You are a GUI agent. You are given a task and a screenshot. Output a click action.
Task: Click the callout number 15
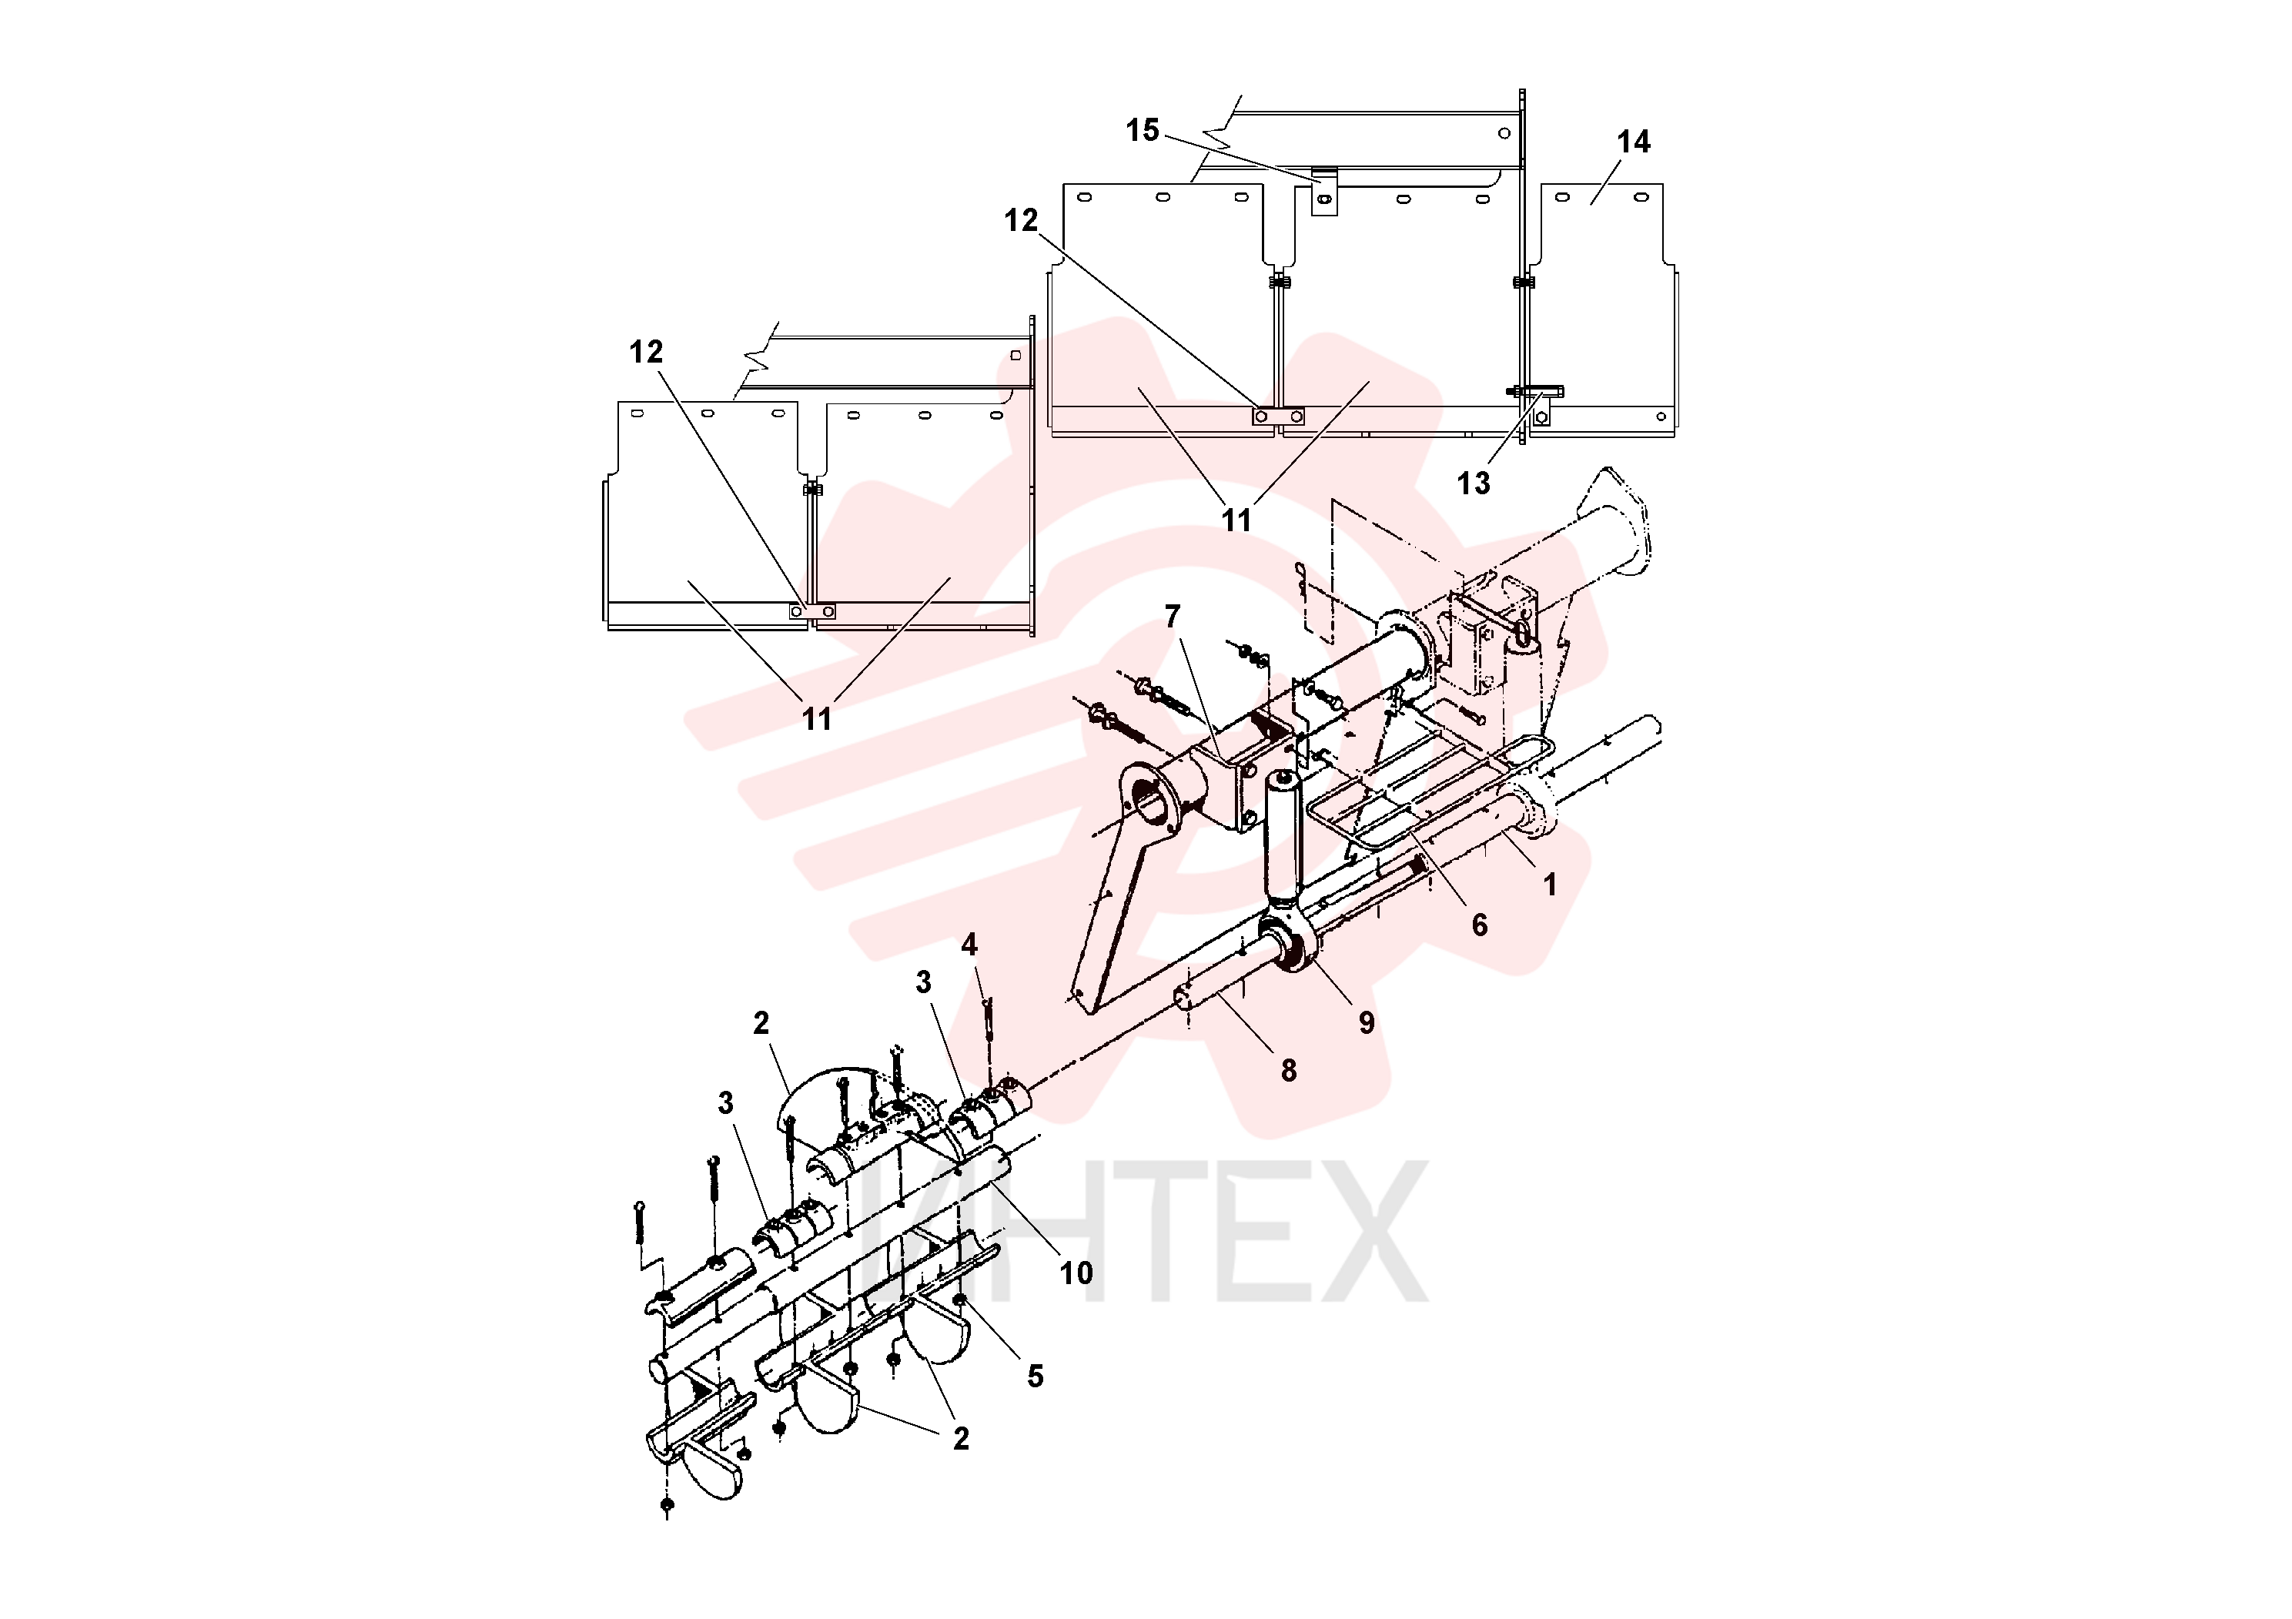click(x=1143, y=130)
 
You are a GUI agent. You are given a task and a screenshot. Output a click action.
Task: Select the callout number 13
click(x=1474, y=483)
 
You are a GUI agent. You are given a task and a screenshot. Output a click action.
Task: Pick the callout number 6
click(x=1480, y=925)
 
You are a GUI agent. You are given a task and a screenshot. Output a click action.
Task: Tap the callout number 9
click(x=1367, y=1022)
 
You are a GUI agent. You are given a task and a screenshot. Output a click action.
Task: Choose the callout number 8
click(x=1289, y=1070)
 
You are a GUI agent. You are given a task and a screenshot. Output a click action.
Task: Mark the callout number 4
click(x=969, y=945)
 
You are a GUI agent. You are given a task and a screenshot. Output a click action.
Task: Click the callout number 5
click(x=1036, y=1376)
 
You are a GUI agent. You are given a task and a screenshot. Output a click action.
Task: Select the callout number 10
click(x=1076, y=1273)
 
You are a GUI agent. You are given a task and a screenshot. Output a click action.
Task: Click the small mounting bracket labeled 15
click(x=1323, y=192)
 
